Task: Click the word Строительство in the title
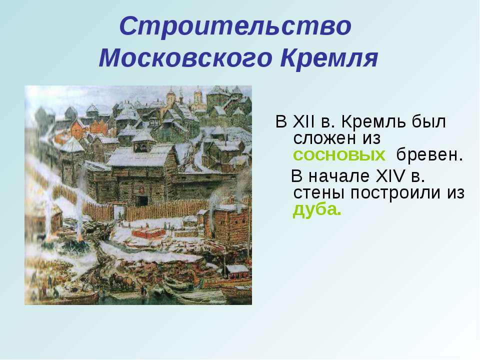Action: pos(235,25)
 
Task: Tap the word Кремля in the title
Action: pos(329,57)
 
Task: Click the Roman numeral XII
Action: pos(303,122)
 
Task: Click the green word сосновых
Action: pos(339,155)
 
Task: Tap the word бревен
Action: pos(429,154)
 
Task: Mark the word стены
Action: pos(319,193)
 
